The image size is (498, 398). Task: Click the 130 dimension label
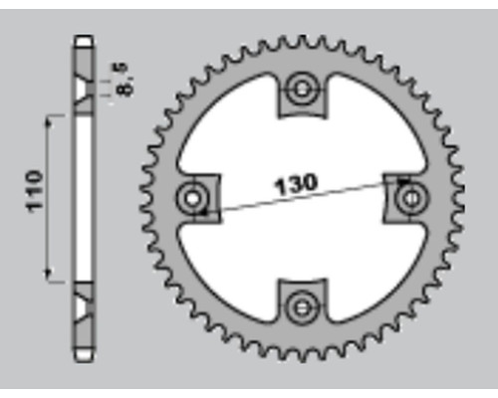[x=296, y=184]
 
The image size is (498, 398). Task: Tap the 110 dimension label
[x=35, y=191]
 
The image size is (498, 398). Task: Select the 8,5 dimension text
[x=122, y=80]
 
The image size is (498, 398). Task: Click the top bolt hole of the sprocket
[x=302, y=89]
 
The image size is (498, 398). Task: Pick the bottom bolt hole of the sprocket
[x=302, y=308]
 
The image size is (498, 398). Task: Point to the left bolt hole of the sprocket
[x=192, y=199]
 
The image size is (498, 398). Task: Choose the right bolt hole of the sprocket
[x=411, y=199]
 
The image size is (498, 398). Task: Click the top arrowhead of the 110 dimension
[x=49, y=123]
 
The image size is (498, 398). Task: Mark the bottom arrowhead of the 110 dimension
[x=49, y=274]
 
